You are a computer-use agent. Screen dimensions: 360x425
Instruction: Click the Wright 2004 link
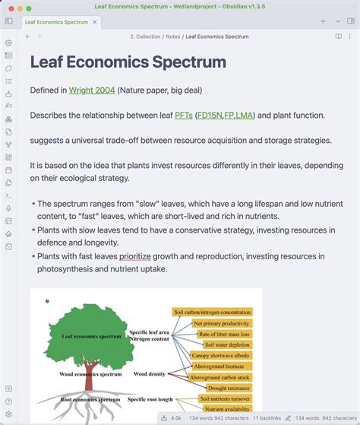click(x=92, y=90)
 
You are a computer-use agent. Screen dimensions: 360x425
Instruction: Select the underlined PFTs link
click(x=183, y=116)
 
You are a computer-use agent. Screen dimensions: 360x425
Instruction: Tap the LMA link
click(x=245, y=116)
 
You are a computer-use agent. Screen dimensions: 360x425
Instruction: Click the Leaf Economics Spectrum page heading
click(x=128, y=62)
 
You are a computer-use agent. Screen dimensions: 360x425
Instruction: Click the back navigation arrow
click(x=28, y=36)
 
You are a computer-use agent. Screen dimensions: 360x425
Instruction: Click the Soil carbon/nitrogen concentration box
click(x=212, y=312)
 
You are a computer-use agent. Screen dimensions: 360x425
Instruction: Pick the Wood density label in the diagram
click(x=150, y=374)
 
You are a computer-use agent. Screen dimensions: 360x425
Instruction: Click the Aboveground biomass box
click(x=219, y=366)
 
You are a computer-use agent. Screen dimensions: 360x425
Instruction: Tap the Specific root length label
click(x=150, y=399)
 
